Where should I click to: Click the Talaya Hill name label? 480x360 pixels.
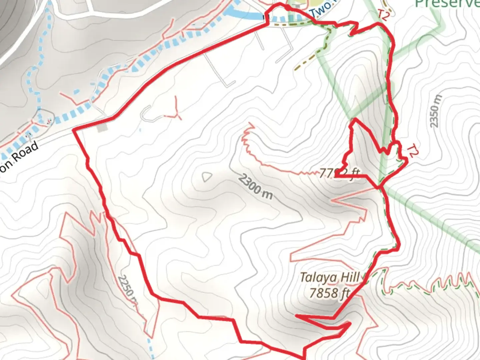point(329,277)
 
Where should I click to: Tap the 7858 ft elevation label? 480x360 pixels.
point(329,293)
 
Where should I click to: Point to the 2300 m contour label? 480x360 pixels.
point(255,187)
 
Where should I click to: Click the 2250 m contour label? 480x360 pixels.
point(128,289)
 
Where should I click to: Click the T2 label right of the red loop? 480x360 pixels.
point(412,151)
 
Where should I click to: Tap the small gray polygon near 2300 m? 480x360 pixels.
point(207,177)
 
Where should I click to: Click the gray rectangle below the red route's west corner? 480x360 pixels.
point(103,127)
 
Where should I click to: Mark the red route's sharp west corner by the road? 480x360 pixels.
point(74,130)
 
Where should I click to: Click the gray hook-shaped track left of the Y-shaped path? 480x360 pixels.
point(148,114)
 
